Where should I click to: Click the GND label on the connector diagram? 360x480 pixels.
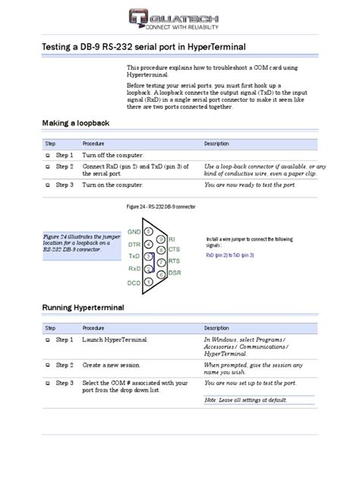pyautogui.click(x=134, y=231)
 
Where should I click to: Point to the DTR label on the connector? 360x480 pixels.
pyautogui.click(x=134, y=245)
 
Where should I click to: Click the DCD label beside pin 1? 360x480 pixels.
pyautogui.click(x=134, y=282)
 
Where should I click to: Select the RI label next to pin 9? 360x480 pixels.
pyautogui.click(x=172, y=238)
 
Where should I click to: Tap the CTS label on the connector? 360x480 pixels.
pyautogui.click(x=174, y=249)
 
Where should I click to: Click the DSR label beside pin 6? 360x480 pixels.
pyautogui.click(x=175, y=273)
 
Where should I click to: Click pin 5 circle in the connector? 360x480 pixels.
pyautogui.click(x=150, y=232)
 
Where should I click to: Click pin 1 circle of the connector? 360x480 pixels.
pyautogui.click(x=150, y=280)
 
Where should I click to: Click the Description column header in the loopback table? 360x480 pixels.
pyautogui.click(x=216, y=144)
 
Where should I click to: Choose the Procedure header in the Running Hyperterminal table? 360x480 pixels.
pyautogui.click(x=94, y=328)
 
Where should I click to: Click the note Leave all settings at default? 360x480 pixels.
pyautogui.click(x=245, y=399)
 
